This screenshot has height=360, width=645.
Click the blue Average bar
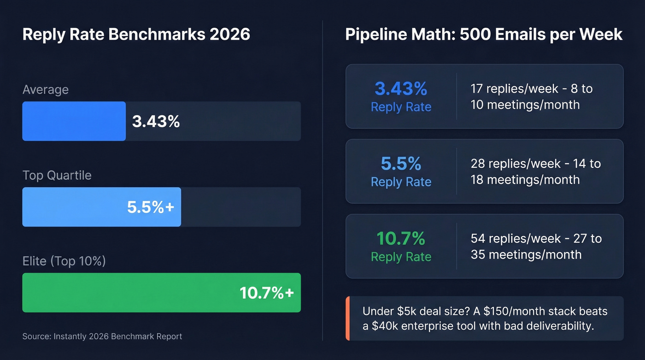pos(74,121)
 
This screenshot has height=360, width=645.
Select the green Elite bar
pos(129,293)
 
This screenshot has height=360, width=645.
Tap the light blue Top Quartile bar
pos(74,207)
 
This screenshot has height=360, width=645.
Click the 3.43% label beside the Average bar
pos(156,122)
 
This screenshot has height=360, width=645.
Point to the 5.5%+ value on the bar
pos(151,207)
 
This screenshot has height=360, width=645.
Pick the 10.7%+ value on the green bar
pos(266,293)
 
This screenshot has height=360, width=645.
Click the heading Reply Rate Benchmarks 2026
pos(136,35)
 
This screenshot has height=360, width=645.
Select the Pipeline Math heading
pos(484,35)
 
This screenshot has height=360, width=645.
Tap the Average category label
pos(45,89)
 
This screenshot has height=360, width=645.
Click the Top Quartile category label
pos(57,175)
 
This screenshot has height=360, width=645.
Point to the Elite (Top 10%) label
pos(64,261)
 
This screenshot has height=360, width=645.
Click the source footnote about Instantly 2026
pos(102,336)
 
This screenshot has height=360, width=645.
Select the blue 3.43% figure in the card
pos(401,89)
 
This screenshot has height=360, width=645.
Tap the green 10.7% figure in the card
pos(401,238)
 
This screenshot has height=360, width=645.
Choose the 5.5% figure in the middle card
pos(401,164)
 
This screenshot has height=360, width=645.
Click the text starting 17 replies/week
pos(531,96)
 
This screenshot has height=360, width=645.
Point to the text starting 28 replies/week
pos(535,171)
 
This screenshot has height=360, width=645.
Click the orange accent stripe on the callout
pos(347,318)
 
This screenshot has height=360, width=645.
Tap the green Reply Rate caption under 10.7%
pos(401,257)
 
